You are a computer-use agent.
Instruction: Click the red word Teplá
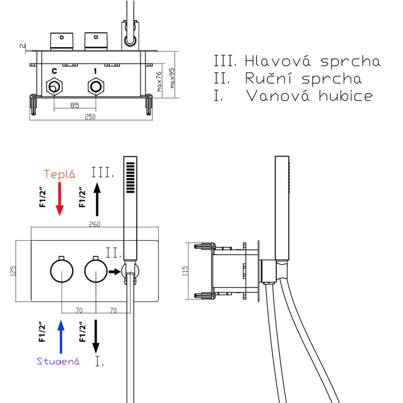click(x=60, y=174)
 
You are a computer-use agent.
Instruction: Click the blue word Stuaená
click(x=58, y=361)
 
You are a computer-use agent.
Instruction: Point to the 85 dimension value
click(x=75, y=105)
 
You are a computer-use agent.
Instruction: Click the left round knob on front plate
click(x=61, y=271)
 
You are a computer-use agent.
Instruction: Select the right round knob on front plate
click(x=96, y=271)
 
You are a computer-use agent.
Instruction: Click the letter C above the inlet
click(x=54, y=71)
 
